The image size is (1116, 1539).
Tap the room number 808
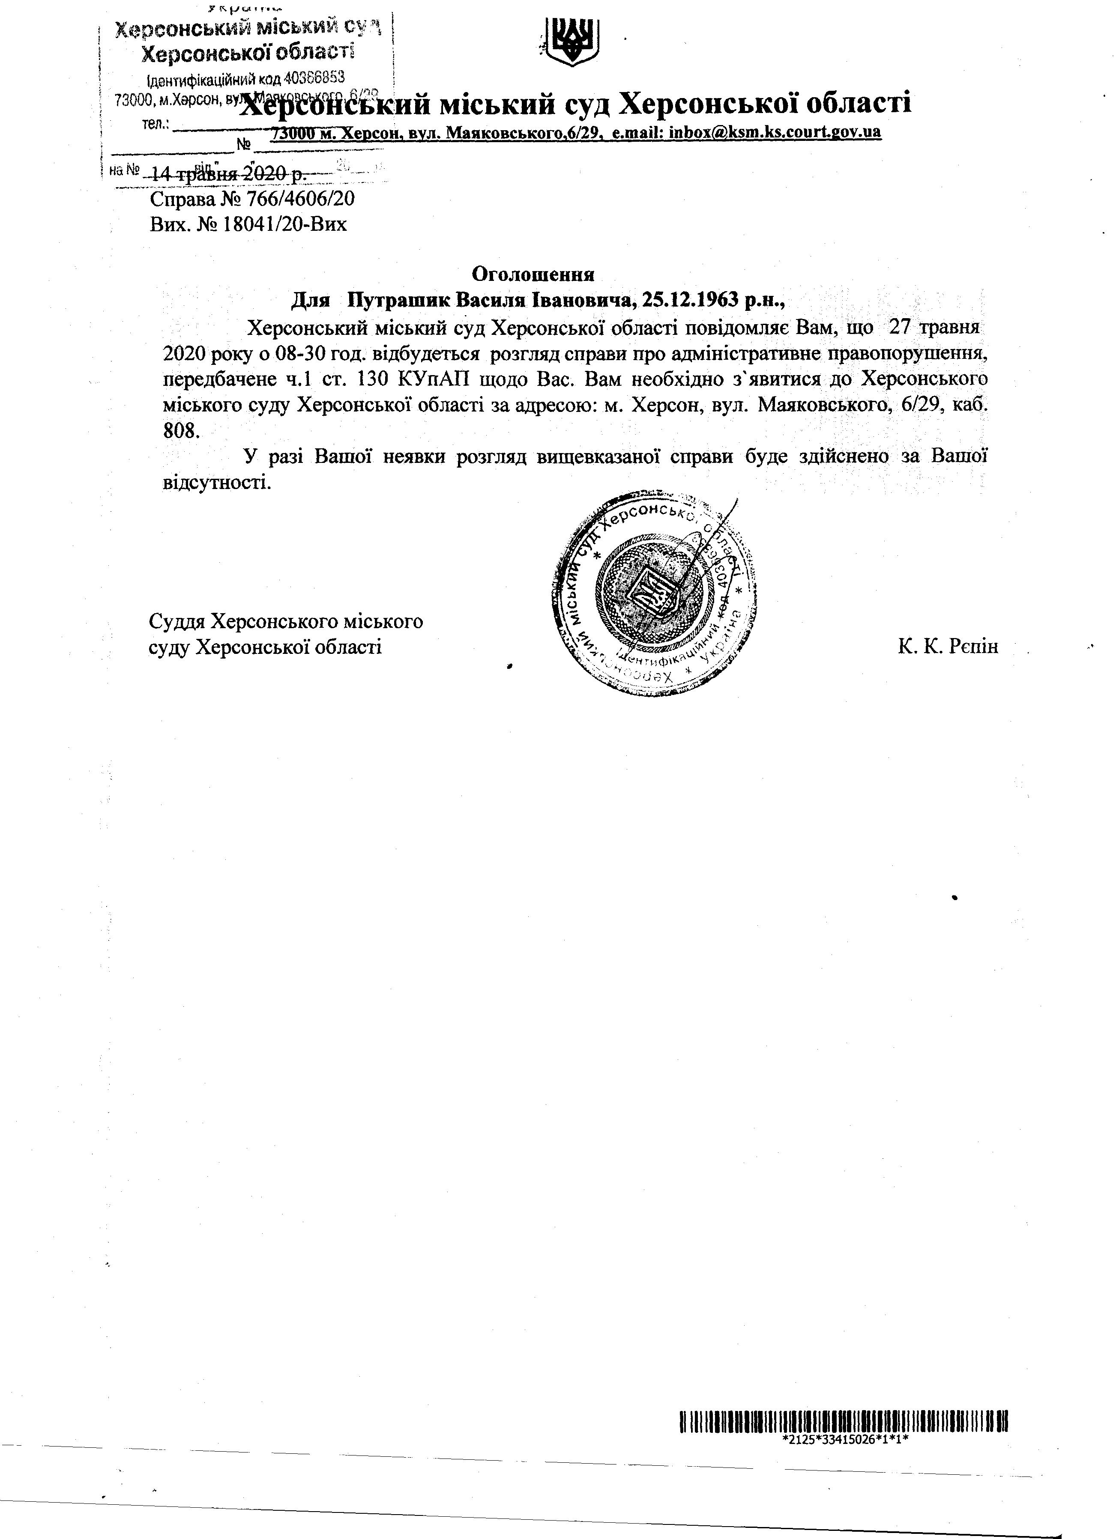(x=182, y=429)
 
